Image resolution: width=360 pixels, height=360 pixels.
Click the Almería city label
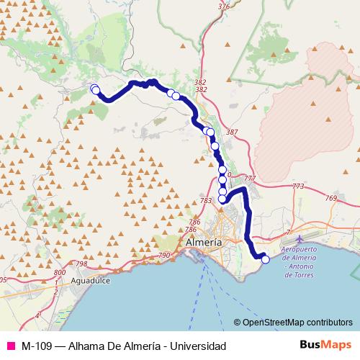tap(204, 243)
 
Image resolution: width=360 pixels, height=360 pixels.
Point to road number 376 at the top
tap(223, 6)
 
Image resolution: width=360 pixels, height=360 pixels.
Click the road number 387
tap(231, 132)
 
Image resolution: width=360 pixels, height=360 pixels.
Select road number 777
tap(250, 178)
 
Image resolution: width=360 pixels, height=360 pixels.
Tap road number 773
tap(297, 186)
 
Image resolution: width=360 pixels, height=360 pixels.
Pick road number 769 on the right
tap(331, 198)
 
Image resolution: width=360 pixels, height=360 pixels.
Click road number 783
tap(207, 201)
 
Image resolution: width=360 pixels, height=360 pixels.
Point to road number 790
tap(164, 256)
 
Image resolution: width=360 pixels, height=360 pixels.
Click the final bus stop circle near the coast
tap(266, 259)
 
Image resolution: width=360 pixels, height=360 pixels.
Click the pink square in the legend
tap(11, 346)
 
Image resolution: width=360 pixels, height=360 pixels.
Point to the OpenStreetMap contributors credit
tap(297, 323)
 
